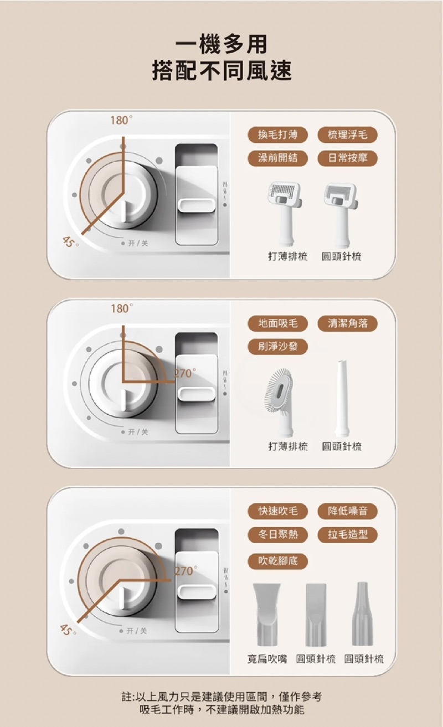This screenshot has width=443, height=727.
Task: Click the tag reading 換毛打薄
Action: [277, 135]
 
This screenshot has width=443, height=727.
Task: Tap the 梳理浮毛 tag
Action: [348, 135]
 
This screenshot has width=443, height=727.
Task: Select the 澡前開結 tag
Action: [277, 158]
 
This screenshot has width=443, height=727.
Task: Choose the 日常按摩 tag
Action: [348, 158]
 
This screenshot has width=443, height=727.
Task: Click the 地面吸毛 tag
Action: [277, 323]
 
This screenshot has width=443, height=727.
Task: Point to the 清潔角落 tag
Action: [348, 323]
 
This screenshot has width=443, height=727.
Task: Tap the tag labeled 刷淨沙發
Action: [277, 347]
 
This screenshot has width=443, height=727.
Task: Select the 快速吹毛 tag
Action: [277, 511]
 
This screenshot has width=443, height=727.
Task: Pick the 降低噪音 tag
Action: [348, 511]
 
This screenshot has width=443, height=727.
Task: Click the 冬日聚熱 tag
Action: [277, 534]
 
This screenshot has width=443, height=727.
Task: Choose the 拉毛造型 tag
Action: [348, 534]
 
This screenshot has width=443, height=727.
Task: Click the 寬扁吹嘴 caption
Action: [267, 659]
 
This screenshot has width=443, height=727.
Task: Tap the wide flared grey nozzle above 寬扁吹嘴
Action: [267, 615]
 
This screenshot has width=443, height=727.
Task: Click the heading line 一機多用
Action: [221, 44]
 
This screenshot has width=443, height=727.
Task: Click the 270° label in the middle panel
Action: [186, 374]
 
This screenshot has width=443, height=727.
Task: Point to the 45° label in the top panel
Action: [69, 242]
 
